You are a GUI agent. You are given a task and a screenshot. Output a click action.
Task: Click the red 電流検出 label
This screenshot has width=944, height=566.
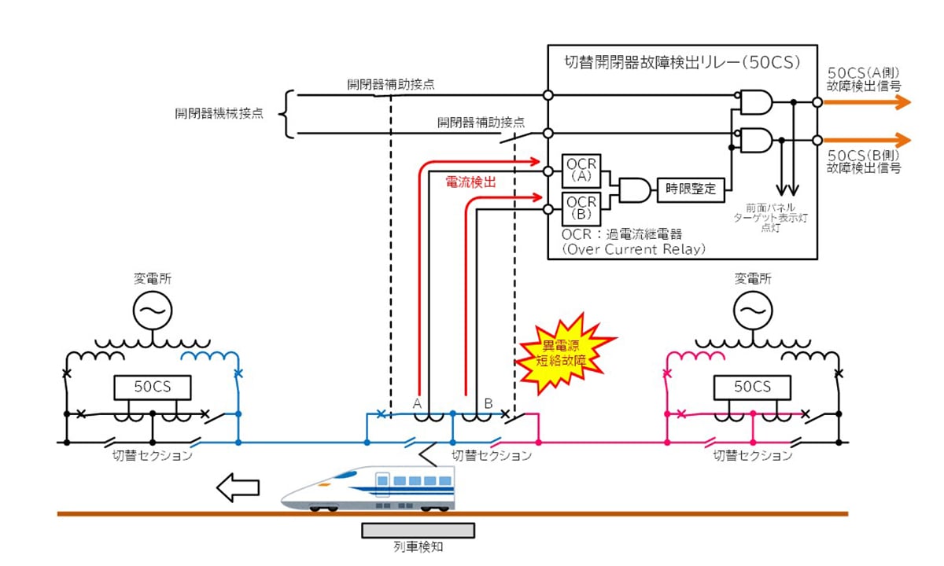470,182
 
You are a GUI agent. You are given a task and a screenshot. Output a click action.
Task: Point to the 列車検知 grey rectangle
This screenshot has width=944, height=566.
419,531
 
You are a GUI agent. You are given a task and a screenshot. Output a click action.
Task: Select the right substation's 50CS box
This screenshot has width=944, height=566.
752,387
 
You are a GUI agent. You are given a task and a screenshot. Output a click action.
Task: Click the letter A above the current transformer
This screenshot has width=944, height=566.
418,402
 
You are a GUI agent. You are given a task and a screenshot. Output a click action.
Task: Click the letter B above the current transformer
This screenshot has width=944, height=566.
488,402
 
